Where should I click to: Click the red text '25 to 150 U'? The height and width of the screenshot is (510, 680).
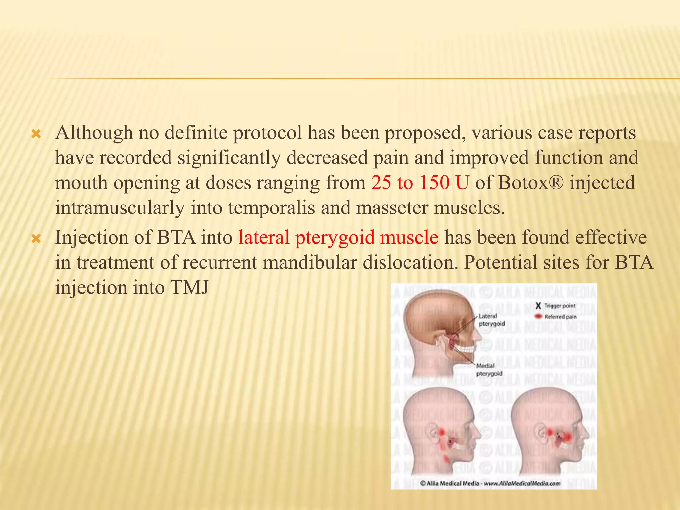(x=420, y=183)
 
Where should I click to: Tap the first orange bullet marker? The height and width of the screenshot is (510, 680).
(x=36, y=134)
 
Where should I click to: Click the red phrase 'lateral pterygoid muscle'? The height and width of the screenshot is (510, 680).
(x=338, y=238)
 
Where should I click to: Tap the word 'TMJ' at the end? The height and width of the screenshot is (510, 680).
(x=189, y=287)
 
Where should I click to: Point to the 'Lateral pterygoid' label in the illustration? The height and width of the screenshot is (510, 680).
(x=491, y=320)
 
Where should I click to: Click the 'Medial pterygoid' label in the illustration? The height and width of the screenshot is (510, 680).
(x=489, y=369)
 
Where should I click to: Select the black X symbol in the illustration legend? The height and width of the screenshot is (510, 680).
(x=538, y=306)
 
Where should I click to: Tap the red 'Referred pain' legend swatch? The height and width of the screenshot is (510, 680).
(x=538, y=316)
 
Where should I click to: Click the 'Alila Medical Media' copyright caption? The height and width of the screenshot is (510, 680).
(x=490, y=483)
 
